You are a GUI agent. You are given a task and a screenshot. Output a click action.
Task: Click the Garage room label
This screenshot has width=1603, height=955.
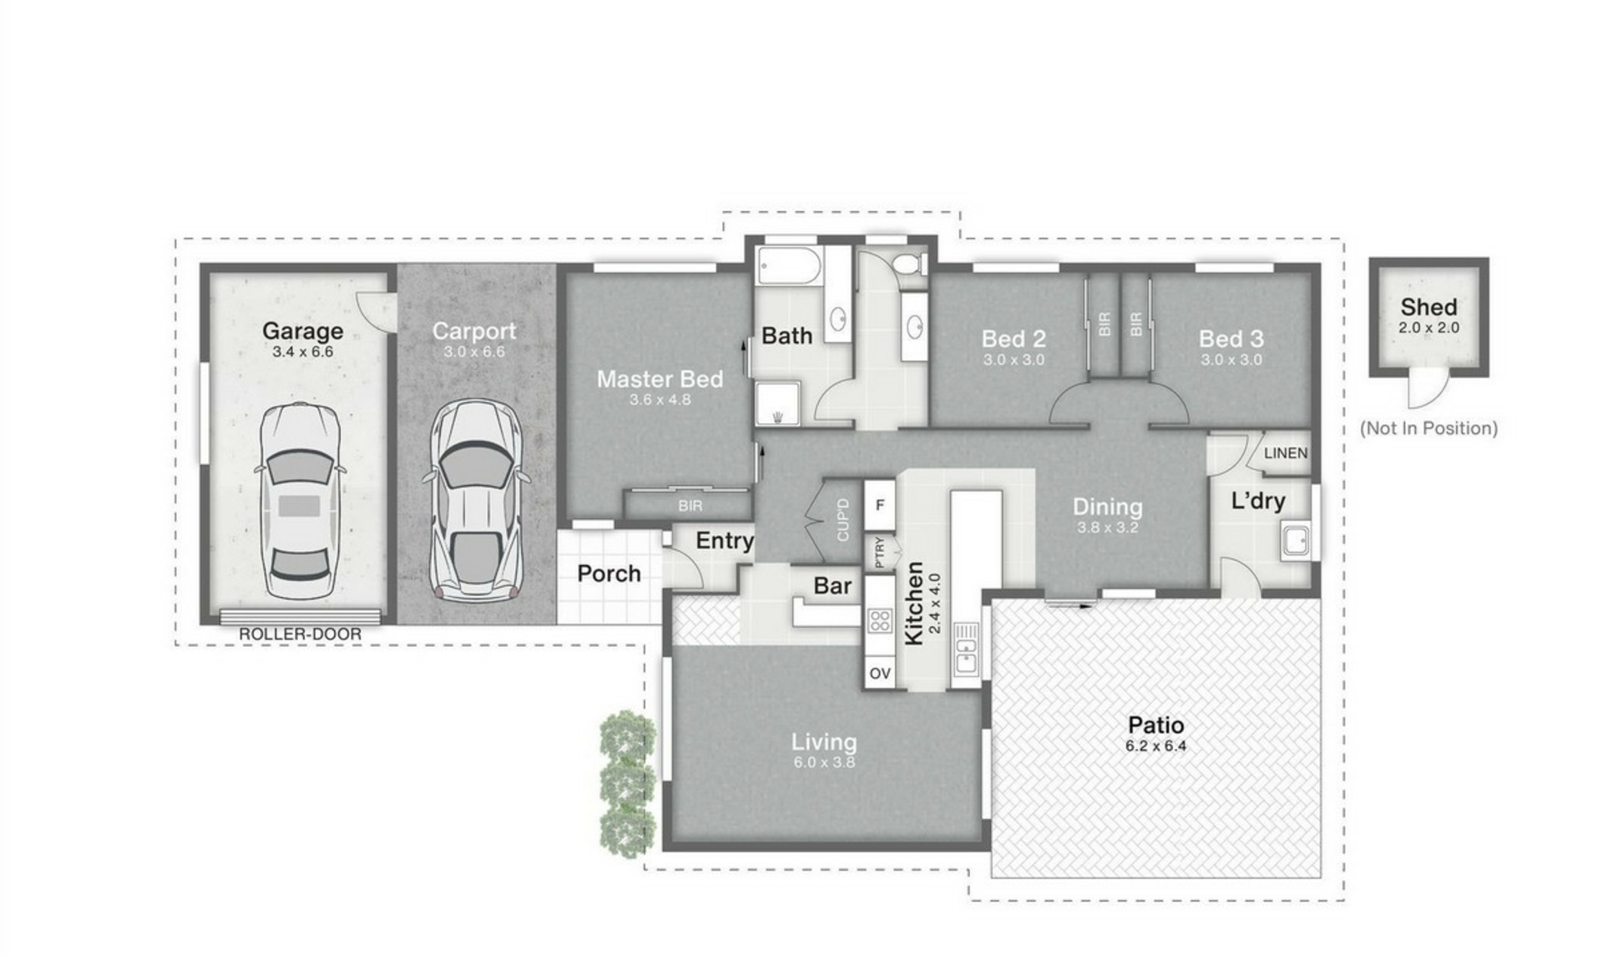[x=302, y=331]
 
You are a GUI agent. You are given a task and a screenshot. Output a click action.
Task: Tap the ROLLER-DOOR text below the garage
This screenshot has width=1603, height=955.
[x=301, y=634]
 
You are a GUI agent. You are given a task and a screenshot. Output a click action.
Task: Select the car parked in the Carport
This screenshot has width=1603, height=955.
[x=476, y=501]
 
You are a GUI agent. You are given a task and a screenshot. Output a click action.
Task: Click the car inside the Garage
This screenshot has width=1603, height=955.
[x=301, y=501]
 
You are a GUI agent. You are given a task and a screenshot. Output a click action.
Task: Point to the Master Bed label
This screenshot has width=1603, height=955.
[x=660, y=379]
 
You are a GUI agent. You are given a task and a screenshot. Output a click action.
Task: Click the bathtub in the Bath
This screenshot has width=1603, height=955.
[x=789, y=265]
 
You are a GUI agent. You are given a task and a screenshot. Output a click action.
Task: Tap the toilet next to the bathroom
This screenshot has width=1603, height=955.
[x=909, y=265]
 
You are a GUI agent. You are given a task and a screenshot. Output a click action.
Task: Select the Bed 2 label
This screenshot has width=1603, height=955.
[x=1014, y=339]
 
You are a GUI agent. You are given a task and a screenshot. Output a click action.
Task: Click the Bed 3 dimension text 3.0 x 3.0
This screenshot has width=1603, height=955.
[x=1231, y=360]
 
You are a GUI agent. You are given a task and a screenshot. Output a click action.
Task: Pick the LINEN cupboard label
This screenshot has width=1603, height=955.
[x=1286, y=453]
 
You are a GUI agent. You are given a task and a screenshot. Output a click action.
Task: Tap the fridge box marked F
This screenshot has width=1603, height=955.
[x=879, y=505]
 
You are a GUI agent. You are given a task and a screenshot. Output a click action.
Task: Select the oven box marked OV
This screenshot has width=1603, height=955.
[x=880, y=673]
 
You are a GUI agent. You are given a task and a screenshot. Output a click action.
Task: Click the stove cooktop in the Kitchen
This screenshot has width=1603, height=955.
[x=880, y=620]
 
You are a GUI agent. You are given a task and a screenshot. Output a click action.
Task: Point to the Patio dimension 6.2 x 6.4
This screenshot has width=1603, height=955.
[x=1155, y=746]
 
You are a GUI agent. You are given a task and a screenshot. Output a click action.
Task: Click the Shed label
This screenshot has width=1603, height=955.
[x=1429, y=306]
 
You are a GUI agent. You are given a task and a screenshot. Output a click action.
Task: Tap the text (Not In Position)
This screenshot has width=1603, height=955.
[x=1429, y=428]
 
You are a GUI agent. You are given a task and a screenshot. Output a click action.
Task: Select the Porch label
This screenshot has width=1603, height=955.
[x=609, y=574]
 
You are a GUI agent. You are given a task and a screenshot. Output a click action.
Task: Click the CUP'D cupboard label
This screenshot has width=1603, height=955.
[x=842, y=519]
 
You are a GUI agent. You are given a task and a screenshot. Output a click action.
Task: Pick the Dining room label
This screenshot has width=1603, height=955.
[x=1107, y=507]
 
